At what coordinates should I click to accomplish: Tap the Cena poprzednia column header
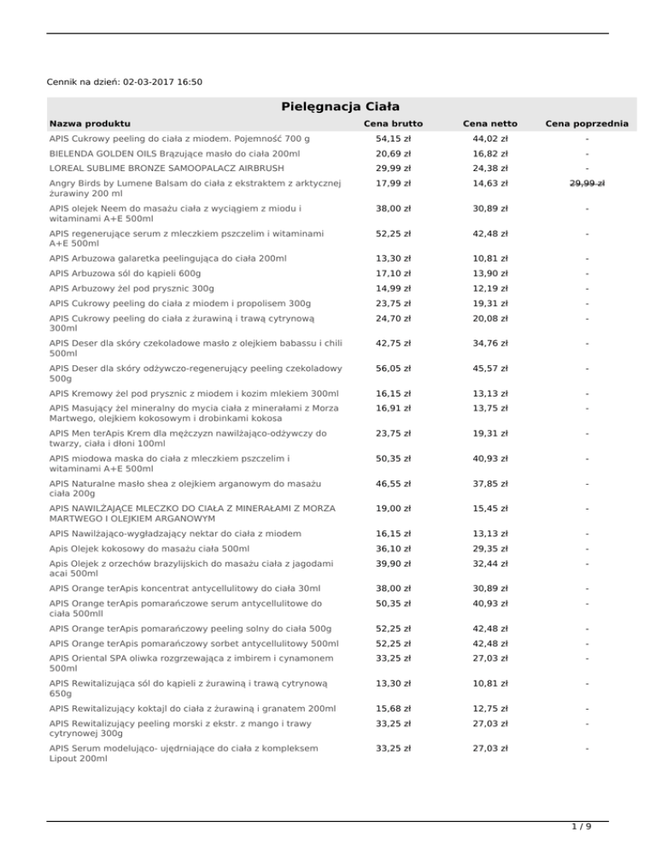point(586,125)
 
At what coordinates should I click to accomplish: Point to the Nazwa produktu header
point(89,125)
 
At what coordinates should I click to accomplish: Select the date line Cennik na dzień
point(125,82)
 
